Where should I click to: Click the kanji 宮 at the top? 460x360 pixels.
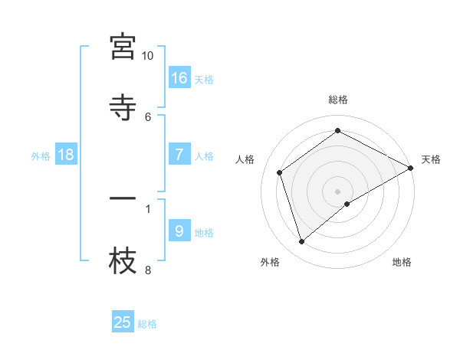123,47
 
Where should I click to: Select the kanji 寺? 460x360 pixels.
123,106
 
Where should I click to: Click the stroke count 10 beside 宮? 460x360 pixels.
147,56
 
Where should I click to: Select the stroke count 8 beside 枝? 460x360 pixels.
148,270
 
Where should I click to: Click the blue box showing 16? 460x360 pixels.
179,77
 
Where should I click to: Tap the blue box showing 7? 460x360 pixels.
179,155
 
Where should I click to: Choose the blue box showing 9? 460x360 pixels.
179,231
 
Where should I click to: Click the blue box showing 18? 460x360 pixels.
66,155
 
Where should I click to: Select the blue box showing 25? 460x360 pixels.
123,322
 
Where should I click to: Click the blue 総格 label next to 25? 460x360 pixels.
147,324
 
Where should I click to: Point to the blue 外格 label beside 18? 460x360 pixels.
41,156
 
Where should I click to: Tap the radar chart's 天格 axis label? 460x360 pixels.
431,159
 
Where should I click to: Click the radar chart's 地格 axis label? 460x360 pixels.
402,262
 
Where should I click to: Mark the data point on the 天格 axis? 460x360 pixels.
411,167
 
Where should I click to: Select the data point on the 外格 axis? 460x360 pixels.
302,242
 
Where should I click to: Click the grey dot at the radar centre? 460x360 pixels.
338,191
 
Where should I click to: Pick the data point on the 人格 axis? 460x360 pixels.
280,172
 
